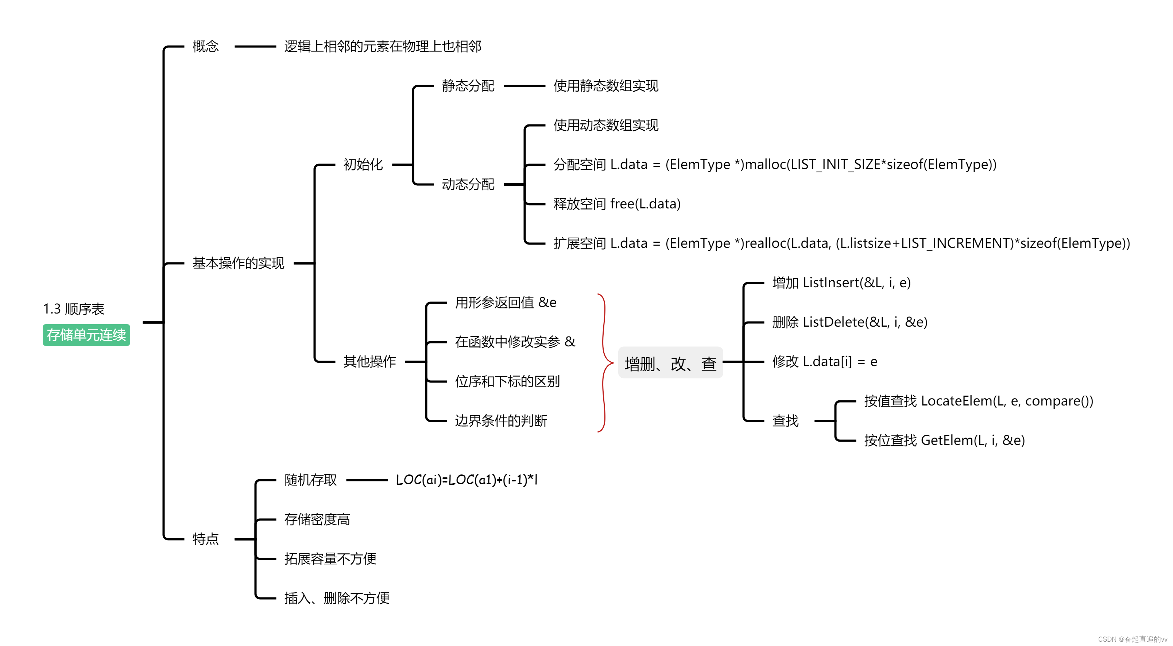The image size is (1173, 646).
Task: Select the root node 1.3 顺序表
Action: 74,309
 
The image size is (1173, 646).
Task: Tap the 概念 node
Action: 205,46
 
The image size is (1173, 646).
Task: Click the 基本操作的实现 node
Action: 238,263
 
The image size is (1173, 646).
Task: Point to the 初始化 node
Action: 363,165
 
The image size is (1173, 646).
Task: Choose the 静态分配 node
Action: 468,86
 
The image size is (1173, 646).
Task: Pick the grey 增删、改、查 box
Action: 670,363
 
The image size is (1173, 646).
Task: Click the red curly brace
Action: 604,363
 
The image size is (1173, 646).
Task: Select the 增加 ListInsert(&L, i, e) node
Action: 841,283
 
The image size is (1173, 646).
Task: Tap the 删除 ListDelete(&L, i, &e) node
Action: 850,322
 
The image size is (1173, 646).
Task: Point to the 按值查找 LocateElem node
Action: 978,401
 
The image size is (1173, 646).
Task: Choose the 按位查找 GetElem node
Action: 944,441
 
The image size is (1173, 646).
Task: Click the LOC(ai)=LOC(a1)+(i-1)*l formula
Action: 466,480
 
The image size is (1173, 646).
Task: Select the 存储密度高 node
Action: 317,519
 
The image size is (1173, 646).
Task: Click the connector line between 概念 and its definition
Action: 255,46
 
